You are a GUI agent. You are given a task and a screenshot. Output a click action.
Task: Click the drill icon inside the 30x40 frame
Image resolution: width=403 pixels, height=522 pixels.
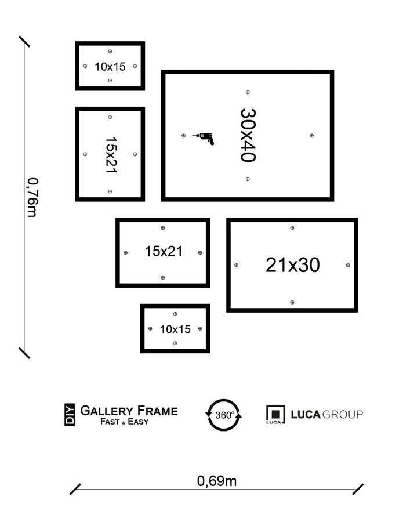[x=204, y=137]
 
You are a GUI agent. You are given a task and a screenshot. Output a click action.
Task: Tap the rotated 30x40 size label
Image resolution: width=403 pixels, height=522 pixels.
[x=248, y=136]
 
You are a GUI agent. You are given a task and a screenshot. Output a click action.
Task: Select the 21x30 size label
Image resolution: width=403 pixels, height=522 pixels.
[x=292, y=265]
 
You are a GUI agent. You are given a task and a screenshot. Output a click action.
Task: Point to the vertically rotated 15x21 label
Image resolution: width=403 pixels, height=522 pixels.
[x=111, y=154]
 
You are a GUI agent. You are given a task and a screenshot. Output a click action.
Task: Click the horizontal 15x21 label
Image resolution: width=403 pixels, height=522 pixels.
[x=164, y=252]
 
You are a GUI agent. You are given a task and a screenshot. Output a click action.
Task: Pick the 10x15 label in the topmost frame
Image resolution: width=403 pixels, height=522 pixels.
[x=110, y=67]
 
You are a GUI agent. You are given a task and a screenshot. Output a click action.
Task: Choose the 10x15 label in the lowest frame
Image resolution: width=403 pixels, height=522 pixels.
[x=175, y=329]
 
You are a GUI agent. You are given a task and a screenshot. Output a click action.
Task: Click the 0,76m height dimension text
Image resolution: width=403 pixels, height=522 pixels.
[x=32, y=197]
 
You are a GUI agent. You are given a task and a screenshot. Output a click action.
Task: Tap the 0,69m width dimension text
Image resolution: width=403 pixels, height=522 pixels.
[x=216, y=481]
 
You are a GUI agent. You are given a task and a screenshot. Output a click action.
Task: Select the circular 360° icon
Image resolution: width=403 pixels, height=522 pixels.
[x=224, y=415]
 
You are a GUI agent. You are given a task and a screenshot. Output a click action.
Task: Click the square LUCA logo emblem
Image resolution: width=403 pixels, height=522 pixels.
[x=275, y=415]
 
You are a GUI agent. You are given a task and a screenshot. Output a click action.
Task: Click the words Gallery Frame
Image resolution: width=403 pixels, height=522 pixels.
[x=129, y=411]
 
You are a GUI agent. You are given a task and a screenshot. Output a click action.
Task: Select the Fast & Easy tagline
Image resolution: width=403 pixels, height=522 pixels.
[x=124, y=422]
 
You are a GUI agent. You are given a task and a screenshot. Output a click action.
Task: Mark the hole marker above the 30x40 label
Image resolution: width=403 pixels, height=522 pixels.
[x=248, y=92]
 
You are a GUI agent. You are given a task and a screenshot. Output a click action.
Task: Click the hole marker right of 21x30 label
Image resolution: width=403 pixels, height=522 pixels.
[x=348, y=265]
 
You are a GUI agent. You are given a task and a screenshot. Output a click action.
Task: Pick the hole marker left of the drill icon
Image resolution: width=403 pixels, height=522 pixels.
[x=184, y=136]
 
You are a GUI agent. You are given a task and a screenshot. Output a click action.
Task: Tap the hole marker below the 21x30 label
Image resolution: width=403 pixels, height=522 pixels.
[x=292, y=302]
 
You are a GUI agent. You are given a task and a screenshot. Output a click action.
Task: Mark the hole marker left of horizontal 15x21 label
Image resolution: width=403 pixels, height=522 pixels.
[x=126, y=253]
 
